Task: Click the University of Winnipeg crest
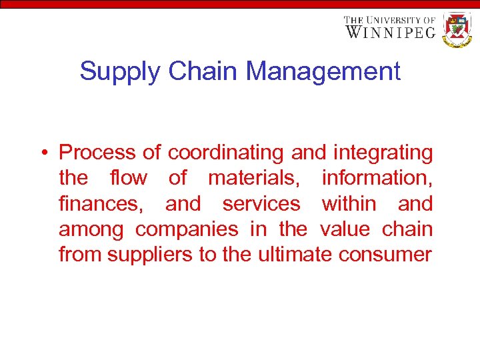tap(457, 29)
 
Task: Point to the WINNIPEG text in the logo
tap(390, 31)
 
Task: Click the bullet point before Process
tap(42, 153)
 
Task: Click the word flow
tap(129, 178)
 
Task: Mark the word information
tap(377, 178)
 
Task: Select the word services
tap(261, 203)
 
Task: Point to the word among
tap(91, 229)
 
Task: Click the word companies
tap(187, 229)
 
